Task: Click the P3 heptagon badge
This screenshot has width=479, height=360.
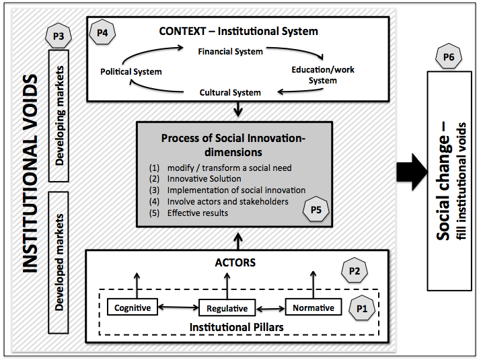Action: click(57, 38)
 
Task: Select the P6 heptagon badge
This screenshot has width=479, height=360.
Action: click(449, 59)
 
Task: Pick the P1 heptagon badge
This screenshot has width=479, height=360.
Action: click(361, 308)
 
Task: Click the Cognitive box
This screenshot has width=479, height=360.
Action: click(133, 308)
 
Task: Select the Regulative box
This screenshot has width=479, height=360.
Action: click(223, 309)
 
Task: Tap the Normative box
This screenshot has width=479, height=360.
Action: click(314, 308)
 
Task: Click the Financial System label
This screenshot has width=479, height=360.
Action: click(230, 51)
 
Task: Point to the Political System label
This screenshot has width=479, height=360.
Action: click(131, 71)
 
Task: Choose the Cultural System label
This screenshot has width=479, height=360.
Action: click(230, 92)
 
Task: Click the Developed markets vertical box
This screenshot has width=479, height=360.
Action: click(61, 262)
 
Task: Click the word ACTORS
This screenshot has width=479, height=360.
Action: click(235, 262)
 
